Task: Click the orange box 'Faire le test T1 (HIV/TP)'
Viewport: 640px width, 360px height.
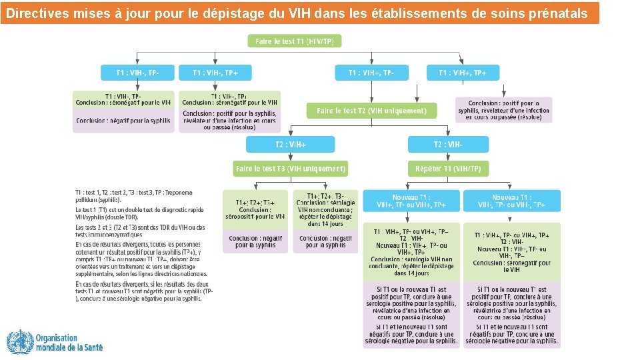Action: point(295,41)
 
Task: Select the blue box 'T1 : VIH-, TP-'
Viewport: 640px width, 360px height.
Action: point(137,73)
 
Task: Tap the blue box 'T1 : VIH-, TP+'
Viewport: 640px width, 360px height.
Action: point(215,73)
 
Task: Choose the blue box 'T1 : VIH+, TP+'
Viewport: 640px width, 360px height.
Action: point(463,73)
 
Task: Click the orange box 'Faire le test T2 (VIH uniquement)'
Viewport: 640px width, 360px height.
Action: point(371,111)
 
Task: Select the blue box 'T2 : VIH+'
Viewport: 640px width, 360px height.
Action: point(290,145)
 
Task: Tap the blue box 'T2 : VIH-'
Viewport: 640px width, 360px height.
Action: point(448,145)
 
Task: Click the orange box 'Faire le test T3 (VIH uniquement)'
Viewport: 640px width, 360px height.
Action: point(290,169)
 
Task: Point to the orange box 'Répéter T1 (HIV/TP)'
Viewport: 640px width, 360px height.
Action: point(448,169)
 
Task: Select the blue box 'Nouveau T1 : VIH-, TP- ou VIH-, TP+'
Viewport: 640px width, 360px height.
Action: point(512,201)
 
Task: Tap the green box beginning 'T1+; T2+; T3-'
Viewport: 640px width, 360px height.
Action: point(325,209)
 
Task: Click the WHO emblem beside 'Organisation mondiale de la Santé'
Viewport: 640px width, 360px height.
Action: point(19,342)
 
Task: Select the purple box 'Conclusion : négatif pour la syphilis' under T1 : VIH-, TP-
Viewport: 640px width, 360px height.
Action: point(123,121)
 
